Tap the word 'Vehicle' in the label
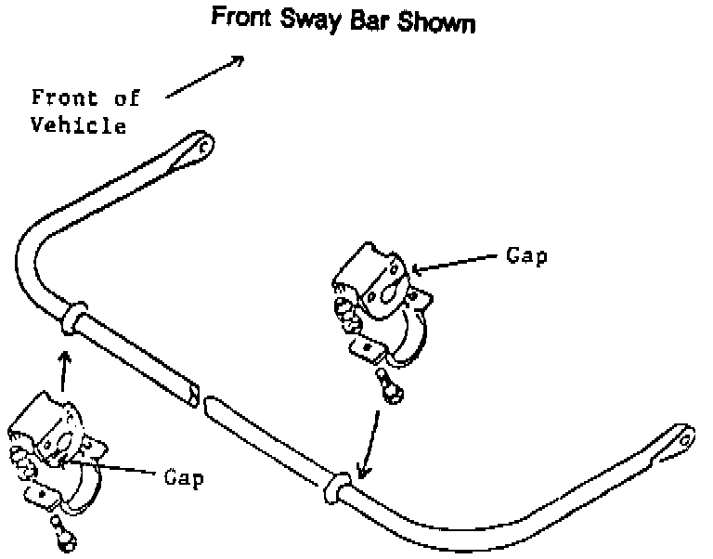pyautogui.click(x=79, y=125)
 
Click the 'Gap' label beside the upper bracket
pyautogui.click(x=526, y=255)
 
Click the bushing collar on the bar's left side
pyautogui.click(x=73, y=318)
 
